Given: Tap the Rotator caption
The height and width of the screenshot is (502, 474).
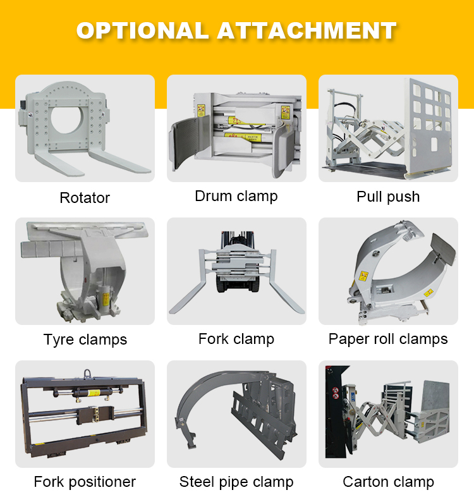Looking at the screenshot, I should click(85, 198).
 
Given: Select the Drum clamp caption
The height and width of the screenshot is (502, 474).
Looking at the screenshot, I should click(236, 196).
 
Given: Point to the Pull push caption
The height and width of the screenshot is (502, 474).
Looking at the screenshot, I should click(388, 197).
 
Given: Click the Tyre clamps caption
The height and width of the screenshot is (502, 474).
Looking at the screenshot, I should click(85, 340).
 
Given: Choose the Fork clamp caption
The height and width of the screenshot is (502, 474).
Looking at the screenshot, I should click(236, 339).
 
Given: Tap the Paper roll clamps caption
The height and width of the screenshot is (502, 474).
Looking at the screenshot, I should click(388, 339).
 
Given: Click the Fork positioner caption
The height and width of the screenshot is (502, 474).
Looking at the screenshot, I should click(85, 482).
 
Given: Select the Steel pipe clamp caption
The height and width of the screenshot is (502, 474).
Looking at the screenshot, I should click(236, 482).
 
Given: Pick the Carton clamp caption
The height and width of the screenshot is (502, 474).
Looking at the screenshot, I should click(388, 482).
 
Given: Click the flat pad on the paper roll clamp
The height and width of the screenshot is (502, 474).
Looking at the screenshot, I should click(445, 249).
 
